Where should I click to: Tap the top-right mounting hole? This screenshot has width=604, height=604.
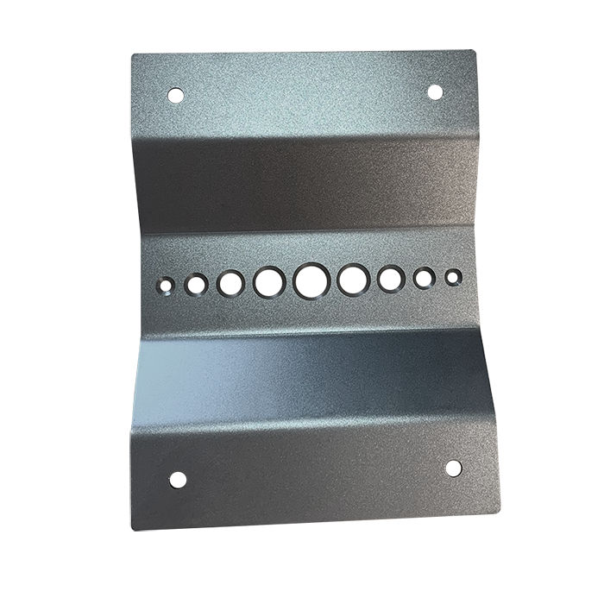pos(436,91)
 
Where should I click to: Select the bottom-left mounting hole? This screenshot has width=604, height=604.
pos(178,480)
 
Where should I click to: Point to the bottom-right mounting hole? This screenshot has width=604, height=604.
pos(453,468)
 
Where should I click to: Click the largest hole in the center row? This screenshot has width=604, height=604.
pos(311,280)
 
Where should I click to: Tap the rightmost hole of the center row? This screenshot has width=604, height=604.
pos(450,278)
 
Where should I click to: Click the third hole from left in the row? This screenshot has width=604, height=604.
pos(231,282)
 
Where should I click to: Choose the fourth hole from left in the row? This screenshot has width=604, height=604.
pos(269,281)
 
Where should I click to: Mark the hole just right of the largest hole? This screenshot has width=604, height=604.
pos(353,280)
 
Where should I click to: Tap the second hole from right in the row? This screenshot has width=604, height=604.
pos(424,278)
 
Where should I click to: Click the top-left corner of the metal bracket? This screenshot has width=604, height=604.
pos(131,57)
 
